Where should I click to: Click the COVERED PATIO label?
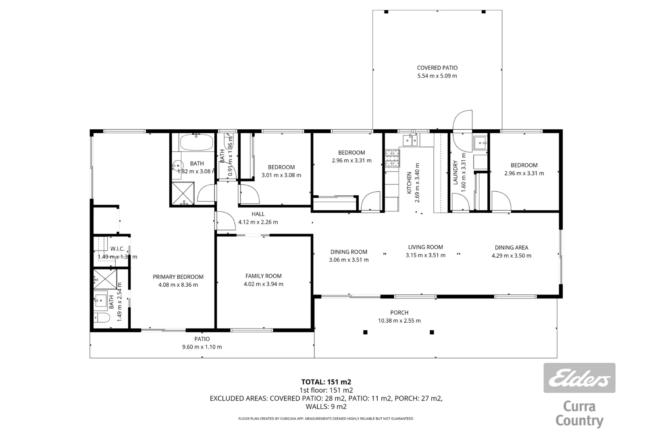coord(437,68)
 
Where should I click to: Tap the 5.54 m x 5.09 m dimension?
coord(437,76)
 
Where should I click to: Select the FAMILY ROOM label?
coord(263,276)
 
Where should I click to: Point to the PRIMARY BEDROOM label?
coord(178,277)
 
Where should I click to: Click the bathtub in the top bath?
coord(196,142)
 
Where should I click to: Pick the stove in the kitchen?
coord(392,158)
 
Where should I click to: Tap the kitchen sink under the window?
coord(410,140)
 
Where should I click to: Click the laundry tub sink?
coord(480,142)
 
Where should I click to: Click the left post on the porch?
coord(365,332)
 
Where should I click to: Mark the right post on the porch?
coord(432,332)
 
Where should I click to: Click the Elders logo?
coord(579,378)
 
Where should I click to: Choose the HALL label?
coord(258,214)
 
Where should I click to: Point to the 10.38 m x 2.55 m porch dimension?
coord(399,321)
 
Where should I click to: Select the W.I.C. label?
coord(117,249)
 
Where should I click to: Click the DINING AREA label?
coord(511,248)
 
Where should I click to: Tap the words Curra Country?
coord(579,413)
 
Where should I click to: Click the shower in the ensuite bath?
coord(105,279)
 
